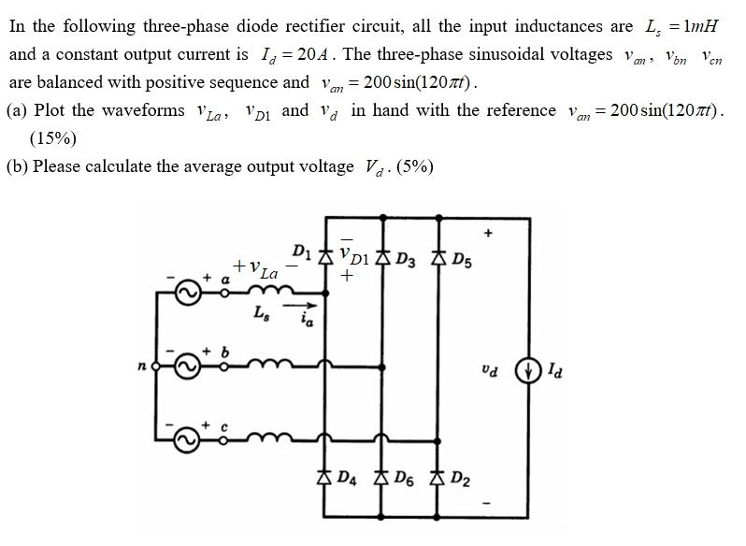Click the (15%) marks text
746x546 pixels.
tap(53, 138)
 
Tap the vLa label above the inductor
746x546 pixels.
tap(257, 269)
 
